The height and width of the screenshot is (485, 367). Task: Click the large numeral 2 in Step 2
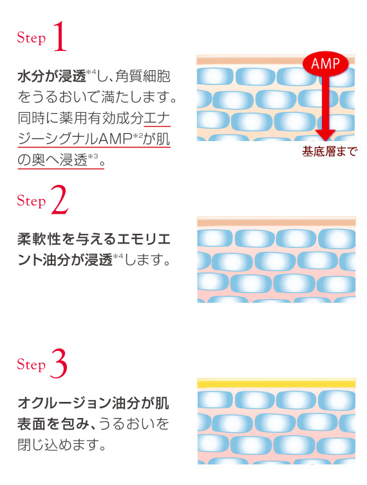[x=60, y=201]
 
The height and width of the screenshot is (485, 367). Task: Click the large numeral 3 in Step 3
[x=59, y=365]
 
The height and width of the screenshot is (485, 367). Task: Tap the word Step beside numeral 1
[x=32, y=38]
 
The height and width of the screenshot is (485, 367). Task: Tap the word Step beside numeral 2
[x=32, y=202]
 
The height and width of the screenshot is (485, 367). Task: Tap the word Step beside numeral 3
[x=32, y=365]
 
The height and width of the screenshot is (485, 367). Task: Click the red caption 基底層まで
[x=329, y=152]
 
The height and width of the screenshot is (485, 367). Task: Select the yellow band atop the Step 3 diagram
[x=276, y=383]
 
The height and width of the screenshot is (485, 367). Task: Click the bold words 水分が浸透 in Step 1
[x=52, y=77]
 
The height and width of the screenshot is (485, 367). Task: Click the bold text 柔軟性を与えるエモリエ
[x=94, y=241]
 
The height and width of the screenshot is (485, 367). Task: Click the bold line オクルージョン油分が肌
[x=94, y=404]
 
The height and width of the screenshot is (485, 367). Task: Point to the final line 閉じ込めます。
[x=62, y=445]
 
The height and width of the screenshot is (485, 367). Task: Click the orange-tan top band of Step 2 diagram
[x=276, y=221]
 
